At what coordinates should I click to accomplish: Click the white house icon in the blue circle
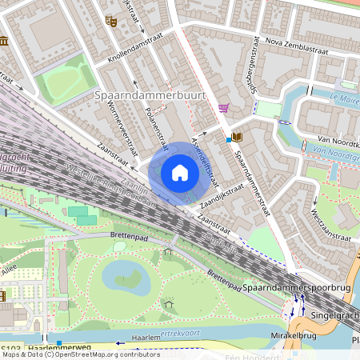pyautogui.click(x=180, y=173)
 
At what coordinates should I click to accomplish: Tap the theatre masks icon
pyautogui.click(x=111, y=22)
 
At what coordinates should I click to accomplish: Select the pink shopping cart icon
pyautogui.click(x=223, y=108)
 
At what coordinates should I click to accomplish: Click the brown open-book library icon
pyautogui.click(x=238, y=137)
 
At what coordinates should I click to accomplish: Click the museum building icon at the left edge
pyautogui.click(x=3, y=41)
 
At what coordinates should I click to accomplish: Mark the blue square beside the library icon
pyautogui.click(x=229, y=139)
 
